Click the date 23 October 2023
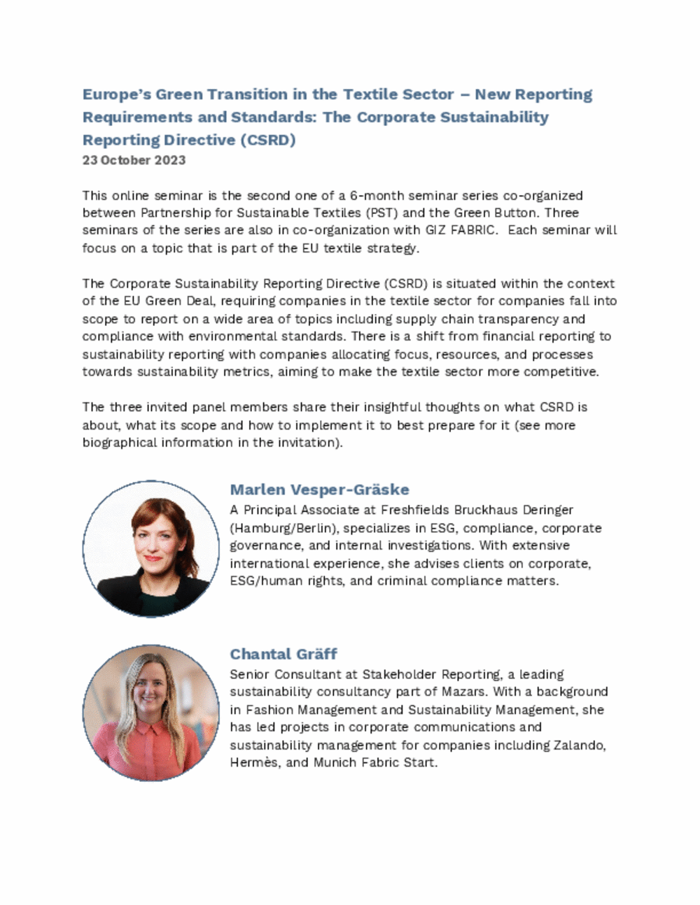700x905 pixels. click(x=134, y=160)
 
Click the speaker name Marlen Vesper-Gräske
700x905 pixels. click(x=319, y=490)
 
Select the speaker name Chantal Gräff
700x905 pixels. click(x=283, y=654)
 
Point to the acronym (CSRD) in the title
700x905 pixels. click(x=267, y=140)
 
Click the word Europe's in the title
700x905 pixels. click(x=115, y=94)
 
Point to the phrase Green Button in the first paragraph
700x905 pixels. click(x=500, y=213)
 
